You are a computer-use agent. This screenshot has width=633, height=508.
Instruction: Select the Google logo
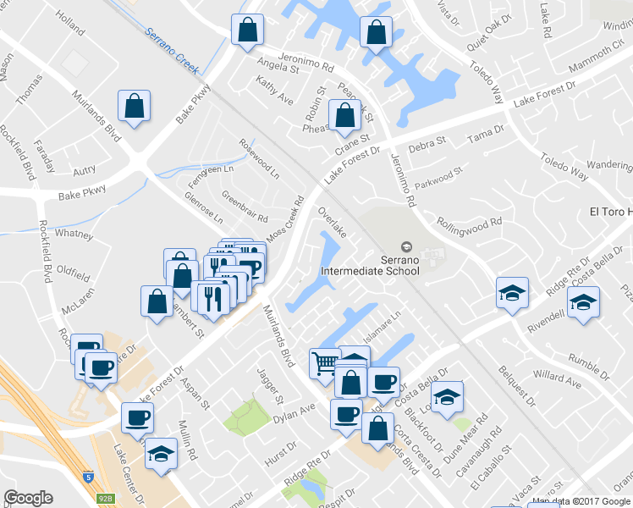(28, 498)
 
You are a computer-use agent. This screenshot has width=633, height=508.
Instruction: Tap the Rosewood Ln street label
(260, 158)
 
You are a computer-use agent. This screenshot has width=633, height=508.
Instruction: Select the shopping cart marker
(324, 363)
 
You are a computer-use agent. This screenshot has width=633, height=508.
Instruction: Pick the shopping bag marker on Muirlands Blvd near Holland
(135, 107)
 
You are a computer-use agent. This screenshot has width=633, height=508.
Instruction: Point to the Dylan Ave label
(293, 413)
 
